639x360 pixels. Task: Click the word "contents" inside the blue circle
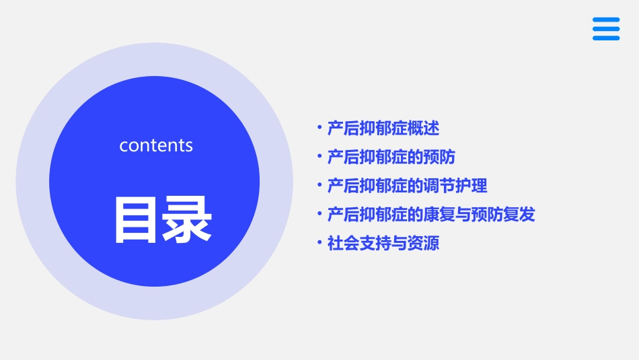coord(156,145)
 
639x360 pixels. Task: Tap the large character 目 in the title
coord(137,219)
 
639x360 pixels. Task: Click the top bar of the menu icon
coord(606,20)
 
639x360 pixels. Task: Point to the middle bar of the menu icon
coord(606,29)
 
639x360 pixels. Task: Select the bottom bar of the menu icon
coord(606,38)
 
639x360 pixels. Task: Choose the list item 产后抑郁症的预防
coord(391,157)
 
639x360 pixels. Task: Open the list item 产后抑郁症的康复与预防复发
coord(431,215)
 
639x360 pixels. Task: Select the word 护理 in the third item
coord(472,186)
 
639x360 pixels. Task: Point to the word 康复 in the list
coord(439,215)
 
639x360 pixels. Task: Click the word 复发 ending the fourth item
coord(520,215)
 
